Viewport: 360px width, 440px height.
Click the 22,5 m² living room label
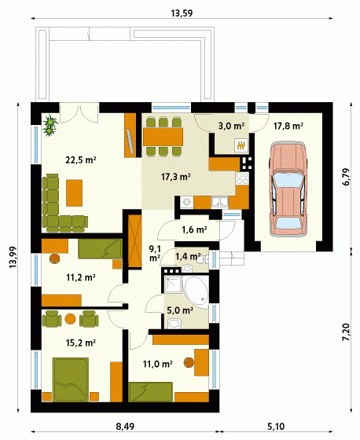click(x=81, y=160)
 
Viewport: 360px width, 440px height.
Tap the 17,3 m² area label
click(x=176, y=177)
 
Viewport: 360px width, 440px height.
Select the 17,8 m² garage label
click(x=288, y=126)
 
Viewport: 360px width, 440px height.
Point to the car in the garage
click(x=287, y=189)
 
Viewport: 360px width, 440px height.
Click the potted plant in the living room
click(x=50, y=125)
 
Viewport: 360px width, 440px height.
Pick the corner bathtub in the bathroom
click(x=196, y=292)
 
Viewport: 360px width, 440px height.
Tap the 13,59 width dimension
click(x=182, y=13)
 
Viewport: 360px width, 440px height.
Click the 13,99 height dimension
click(x=13, y=257)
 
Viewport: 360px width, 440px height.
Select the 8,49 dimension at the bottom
click(x=125, y=427)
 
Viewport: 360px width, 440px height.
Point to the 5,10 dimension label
click(x=276, y=427)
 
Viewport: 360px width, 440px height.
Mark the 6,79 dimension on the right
click(x=346, y=177)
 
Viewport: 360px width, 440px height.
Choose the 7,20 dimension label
click(x=346, y=332)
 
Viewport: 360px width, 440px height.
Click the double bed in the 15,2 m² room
click(x=71, y=379)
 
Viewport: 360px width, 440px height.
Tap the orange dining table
click(x=163, y=137)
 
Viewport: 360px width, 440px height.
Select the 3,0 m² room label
click(x=231, y=126)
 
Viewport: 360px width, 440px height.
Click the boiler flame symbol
click(x=241, y=145)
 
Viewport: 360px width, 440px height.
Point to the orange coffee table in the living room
click(x=75, y=192)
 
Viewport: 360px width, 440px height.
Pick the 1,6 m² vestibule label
click(x=194, y=229)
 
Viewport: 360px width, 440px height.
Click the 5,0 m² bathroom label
click(x=180, y=310)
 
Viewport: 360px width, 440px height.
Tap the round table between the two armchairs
click(x=70, y=319)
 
